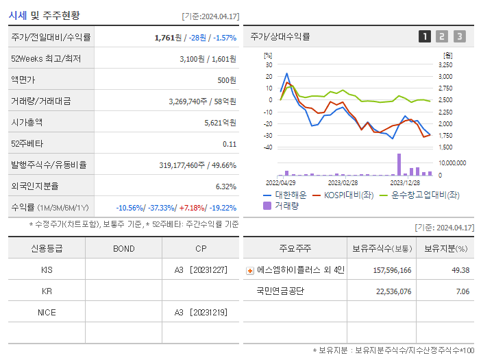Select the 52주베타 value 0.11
(229, 144)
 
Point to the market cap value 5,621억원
(220, 123)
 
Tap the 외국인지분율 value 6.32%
(225, 187)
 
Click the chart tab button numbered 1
(425, 36)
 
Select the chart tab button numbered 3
(459, 36)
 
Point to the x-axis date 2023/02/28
(343, 183)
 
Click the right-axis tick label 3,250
(445, 64)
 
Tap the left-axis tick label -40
(268, 147)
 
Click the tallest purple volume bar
(399, 165)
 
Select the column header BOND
(123, 248)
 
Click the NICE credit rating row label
(47, 313)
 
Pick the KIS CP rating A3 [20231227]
(200, 270)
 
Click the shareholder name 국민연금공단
(280, 291)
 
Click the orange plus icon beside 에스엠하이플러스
(250, 271)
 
